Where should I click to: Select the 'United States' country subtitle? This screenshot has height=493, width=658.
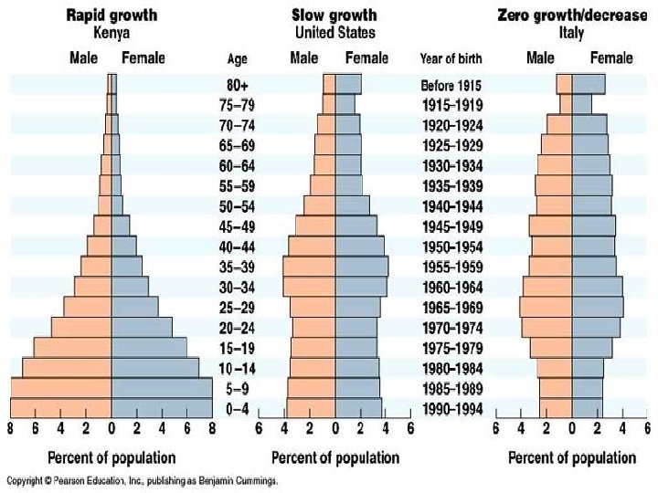pyautogui.click(x=334, y=32)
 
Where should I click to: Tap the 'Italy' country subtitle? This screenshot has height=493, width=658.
pyautogui.click(x=571, y=32)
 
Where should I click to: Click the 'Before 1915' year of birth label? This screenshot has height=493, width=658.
pyautogui.click(x=451, y=85)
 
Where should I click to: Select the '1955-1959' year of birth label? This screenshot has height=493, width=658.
pyautogui.click(x=451, y=267)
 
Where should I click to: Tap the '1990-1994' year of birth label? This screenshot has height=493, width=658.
pyautogui.click(x=451, y=409)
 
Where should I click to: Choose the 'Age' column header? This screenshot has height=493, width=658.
pyautogui.click(x=237, y=59)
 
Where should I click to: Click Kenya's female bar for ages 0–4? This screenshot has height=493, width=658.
pyautogui.click(x=161, y=409)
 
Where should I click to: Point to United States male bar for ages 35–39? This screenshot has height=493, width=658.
pyautogui.click(x=309, y=267)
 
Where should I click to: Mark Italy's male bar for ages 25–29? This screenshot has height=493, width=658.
pyautogui.click(x=546, y=307)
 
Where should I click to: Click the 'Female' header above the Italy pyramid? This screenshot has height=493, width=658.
pyautogui.click(x=610, y=58)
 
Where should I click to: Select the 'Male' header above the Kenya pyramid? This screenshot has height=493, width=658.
pyautogui.click(x=84, y=58)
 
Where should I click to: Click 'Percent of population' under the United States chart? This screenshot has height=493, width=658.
pyautogui.click(x=334, y=457)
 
